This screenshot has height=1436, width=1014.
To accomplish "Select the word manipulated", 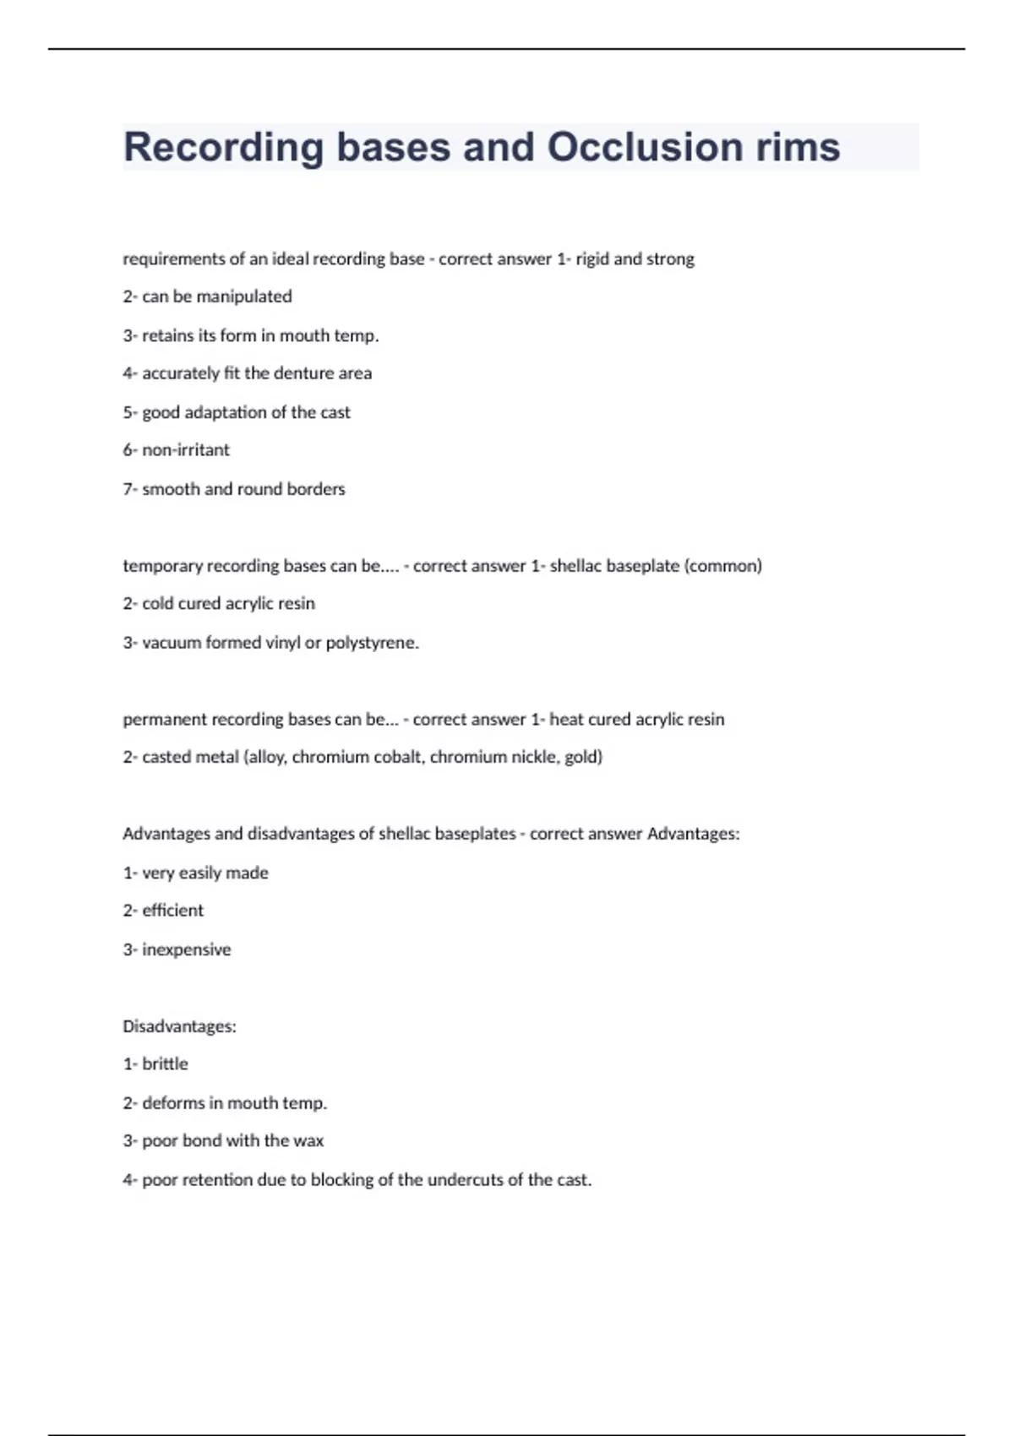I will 244,296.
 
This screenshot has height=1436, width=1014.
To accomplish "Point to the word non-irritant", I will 186,450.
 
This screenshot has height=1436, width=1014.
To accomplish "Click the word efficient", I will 173,911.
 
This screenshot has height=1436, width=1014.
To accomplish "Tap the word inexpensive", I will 187,949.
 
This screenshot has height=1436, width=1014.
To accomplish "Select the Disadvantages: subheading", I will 179,1026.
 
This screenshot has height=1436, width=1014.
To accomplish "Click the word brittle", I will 166,1064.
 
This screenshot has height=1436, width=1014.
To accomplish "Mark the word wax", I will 308,1141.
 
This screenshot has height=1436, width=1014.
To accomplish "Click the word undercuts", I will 465,1180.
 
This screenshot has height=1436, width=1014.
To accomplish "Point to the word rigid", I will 592,259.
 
